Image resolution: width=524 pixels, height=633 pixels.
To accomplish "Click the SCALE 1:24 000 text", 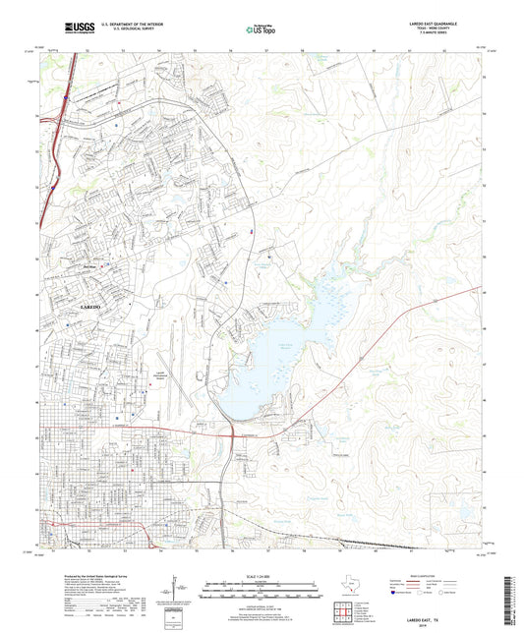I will click(261, 575).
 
